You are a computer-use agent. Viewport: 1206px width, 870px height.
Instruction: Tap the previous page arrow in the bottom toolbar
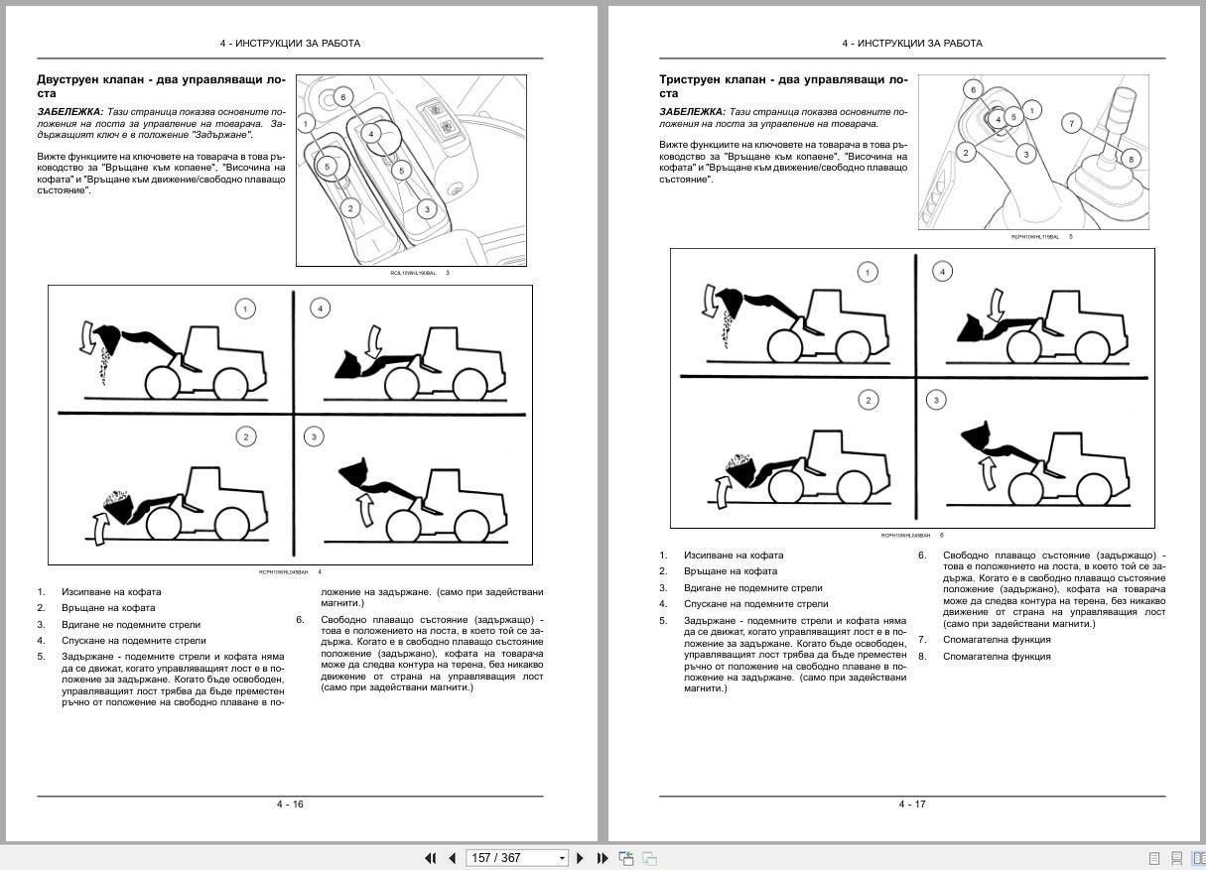(x=452, y=858)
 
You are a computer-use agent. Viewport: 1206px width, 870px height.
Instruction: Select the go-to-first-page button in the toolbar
(x=431, y=858)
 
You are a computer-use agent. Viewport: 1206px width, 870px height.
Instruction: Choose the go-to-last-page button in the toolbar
(x=602, y=858)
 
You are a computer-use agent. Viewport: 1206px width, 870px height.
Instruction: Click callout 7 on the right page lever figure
(x=1071, y=123)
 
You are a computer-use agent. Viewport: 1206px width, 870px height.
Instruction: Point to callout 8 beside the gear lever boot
(x=1130, y=159)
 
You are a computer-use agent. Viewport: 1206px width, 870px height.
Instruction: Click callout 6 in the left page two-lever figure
(x=342, y=96)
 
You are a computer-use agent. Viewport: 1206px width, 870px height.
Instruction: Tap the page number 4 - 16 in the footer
(x=290, y=804)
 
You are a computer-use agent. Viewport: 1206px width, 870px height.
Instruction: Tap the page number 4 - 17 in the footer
(x=912, y=804)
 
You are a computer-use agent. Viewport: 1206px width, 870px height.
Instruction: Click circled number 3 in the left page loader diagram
(x=314, y=436)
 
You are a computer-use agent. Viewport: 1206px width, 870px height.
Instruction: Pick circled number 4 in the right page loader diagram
(x=942, y=271)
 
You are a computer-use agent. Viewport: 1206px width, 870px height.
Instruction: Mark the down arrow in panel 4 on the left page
(x=374, y=343)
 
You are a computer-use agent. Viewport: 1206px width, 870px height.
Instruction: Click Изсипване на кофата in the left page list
(x=111, y=592)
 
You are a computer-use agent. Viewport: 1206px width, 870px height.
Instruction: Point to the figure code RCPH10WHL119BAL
(x=1034, y=237)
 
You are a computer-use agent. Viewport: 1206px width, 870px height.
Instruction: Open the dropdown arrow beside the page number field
(x=562, y=858)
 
